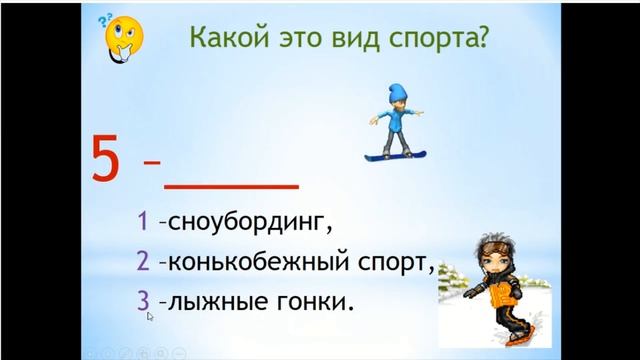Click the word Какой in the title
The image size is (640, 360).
pos(222,40)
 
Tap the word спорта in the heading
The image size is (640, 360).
pos(437,40)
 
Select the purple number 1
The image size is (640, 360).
pos(144,219)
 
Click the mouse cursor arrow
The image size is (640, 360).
pos(150,317)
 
